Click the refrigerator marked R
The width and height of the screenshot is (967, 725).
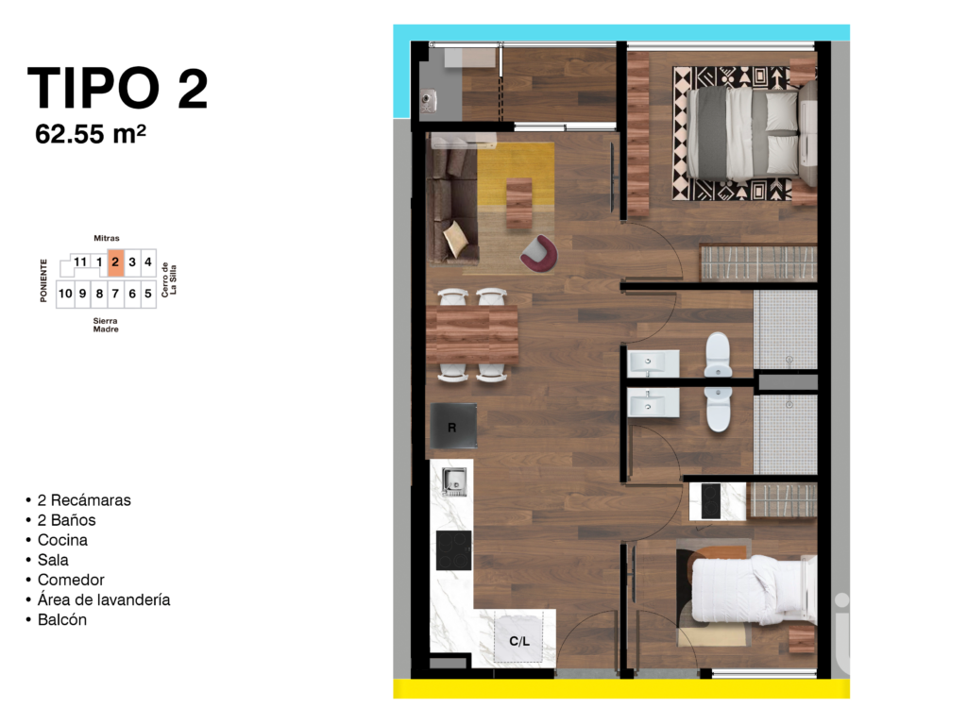tap(453, 427)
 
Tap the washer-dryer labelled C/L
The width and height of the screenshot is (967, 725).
tap(519, 641)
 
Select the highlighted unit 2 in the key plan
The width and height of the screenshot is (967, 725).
tap(115, 262)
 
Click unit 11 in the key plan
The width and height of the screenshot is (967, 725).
tap(80, 262)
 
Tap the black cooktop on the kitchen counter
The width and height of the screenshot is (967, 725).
tap(453, 549)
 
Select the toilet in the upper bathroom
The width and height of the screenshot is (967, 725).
tap(719, 355)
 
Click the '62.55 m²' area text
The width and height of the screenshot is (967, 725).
tap(91, 133)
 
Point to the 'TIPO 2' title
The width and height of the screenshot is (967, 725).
tap(117, 88)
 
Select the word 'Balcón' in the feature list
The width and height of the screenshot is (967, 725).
tap(62, 619)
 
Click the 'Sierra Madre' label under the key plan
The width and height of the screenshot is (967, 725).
tap(106, 325)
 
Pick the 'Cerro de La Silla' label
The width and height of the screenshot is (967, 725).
tap(168, 278)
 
